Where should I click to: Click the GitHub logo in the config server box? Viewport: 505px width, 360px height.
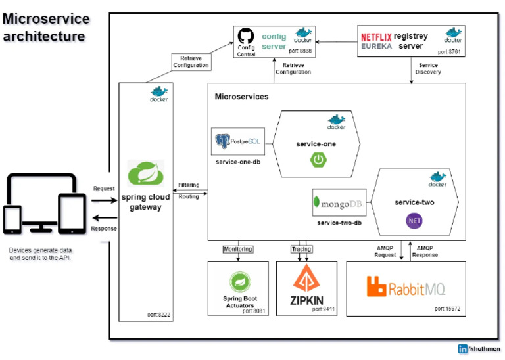click(246, 35)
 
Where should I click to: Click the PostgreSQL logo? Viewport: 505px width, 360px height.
click(238, 141)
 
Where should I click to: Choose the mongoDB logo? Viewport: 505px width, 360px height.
click(339, 203)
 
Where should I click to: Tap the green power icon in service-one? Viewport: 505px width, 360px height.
click(319, 159)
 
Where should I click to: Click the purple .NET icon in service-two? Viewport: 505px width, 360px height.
click(414, 221)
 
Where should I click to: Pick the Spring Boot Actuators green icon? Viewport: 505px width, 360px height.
click(238, 282)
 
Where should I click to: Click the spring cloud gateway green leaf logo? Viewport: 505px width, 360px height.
click(145, 174)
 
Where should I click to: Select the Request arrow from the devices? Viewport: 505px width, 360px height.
click(103, 196)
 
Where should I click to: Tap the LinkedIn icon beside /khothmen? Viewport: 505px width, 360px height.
click(463, 349)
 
